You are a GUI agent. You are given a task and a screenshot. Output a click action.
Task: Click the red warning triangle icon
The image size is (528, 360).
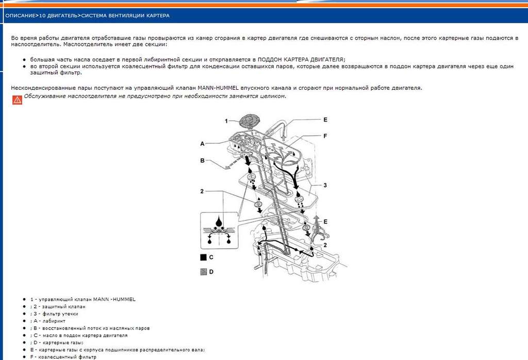pyautogui.click(x=17, y=100)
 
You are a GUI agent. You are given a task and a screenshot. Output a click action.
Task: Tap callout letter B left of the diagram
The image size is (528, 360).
pyautogui.click(x=203, y=160)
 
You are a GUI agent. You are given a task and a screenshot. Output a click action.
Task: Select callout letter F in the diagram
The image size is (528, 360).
pyautogui.click(x=325, y=136)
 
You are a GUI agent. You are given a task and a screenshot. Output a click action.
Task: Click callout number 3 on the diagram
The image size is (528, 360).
pyautogui.click(x=325, y=185)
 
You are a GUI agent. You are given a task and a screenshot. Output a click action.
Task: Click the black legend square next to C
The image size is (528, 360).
pyautogui.click(x=203, y=256)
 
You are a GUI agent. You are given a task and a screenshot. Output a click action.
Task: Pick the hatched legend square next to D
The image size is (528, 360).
pyautogui.click(x=203, y=271)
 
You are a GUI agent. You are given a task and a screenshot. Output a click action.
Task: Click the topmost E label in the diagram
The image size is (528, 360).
pyautogui.click(x=325, y=120)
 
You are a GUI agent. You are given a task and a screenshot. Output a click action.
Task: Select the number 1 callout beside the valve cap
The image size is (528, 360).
pyautogui.click(x=226, y=121)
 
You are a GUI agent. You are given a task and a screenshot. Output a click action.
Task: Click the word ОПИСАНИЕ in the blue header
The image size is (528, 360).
pyautogui.click(x=21, y=15)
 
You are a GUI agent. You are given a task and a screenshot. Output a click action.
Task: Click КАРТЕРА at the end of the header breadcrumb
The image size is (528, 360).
pyautogui.click(x=157, y=15)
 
